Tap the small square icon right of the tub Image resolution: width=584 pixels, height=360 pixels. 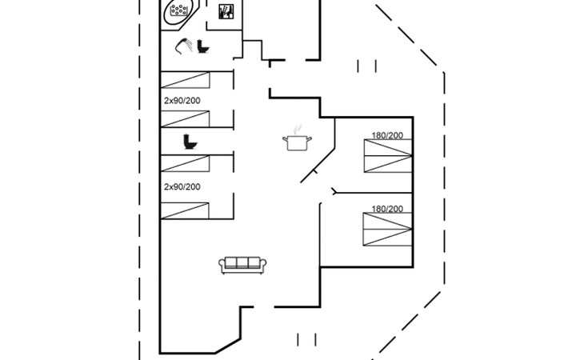tap(226, 11)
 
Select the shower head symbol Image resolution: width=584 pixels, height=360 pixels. tap(184, 46)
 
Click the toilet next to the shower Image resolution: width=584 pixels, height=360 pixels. tap(203, 46)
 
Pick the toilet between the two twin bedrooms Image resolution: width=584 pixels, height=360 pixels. tap(190, 142)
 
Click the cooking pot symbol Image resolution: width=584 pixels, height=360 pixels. tap(297, 142)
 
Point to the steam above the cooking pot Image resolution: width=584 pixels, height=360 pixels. tap(297, 129)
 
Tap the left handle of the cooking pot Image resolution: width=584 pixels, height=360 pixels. tap(285, 139)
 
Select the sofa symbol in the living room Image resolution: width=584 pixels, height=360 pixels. tap(242, 265)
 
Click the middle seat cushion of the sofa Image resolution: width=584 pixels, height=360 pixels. tap(242, 262)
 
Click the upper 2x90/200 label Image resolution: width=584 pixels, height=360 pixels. tap(182, 101)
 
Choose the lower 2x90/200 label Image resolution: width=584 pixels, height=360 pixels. tap(182, 186)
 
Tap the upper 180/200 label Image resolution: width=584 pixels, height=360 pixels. tap(387, 135)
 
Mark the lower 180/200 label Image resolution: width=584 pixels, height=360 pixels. tap(387, 209)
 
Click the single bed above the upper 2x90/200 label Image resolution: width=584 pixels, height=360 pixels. tap(185, 80)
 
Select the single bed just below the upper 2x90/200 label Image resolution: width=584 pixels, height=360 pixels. tap(185, 118)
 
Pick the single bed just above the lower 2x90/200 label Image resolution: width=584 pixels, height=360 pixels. tap(185, 163)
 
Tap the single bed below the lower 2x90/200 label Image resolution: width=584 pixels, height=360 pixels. tap(185, 210)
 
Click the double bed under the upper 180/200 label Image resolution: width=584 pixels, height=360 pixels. tap(388, 156)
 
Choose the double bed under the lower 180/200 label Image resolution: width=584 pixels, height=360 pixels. tap(387, 230)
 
